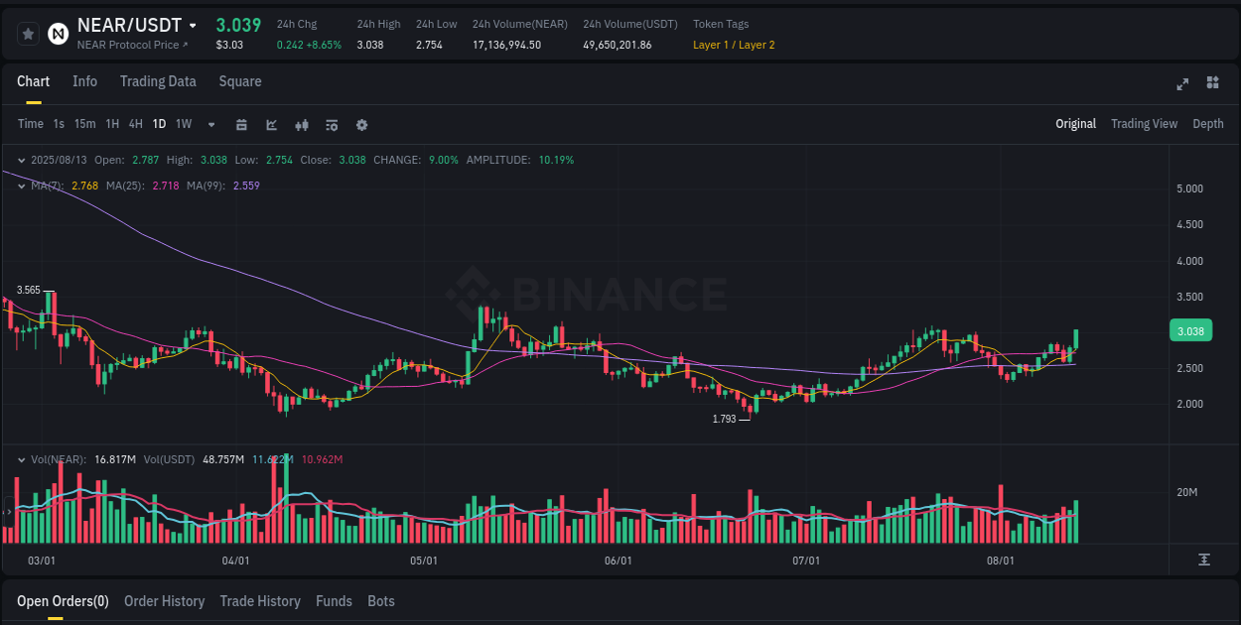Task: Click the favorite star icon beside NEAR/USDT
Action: coord(29,34)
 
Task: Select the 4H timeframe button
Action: coord(135,124)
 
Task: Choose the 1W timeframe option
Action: coord(184,124)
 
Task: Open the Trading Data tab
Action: coord(158,81)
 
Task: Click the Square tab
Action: coord(240,81)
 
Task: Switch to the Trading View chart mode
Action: coord(1144,124)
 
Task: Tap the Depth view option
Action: coord(1207,124)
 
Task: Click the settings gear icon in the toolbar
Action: coord(362,125)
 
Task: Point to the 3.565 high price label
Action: coord(29,291)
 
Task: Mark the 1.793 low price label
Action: coord(724,420)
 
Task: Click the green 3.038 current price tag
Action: coord(1189,331)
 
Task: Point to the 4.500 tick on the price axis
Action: coord(1189,225)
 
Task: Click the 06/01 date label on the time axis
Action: coord(618,561)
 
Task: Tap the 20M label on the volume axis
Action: coord(1187,493)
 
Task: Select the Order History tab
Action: coord(164,601)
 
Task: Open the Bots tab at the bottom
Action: coord(381,601)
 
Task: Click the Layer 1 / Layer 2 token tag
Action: coord(734,45)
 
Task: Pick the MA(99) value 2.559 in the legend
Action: coord(246,186)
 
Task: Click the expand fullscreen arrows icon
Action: coord(1182,83)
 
